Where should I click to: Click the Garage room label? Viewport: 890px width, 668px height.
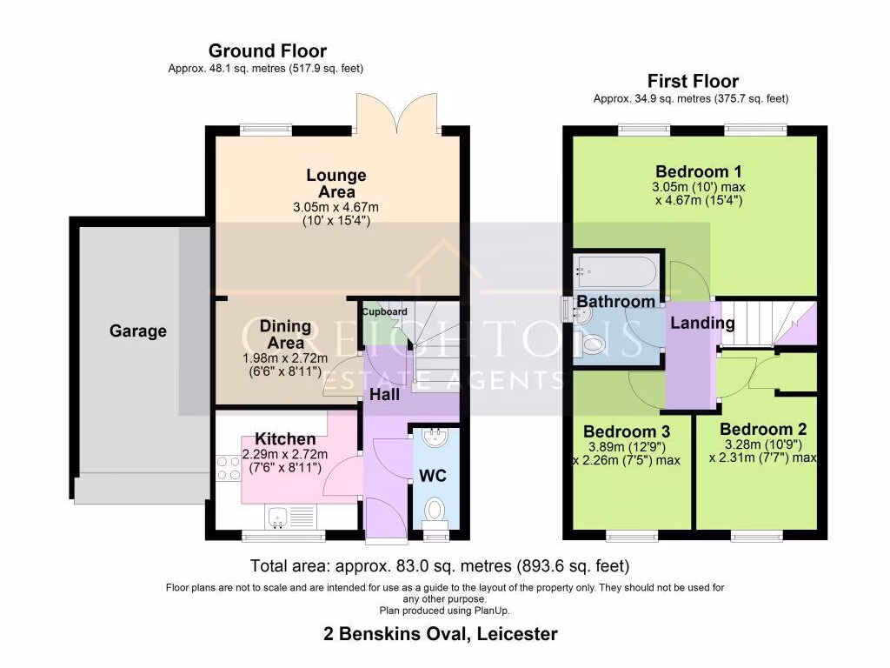click(138, 331)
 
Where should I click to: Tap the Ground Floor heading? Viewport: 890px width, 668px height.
click(268, 51)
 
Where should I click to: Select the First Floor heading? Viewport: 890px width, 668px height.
click(693, 81)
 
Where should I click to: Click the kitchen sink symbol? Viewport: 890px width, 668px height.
click(277, 518)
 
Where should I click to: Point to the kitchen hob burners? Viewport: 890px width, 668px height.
click(229, 469)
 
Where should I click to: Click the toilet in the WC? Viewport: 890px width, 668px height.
click(435, 510)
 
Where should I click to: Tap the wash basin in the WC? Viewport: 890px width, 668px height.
click(435, 438)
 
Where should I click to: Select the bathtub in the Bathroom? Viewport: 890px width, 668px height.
click(616, 271)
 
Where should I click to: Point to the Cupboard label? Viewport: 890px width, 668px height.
click(384, 312)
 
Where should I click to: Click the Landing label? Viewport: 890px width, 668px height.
click(702, 324)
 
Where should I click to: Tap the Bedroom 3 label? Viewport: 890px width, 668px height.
click(627, 431)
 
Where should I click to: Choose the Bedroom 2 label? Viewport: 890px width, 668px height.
click(763, 430)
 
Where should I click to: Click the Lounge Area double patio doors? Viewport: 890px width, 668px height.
click(397, 115)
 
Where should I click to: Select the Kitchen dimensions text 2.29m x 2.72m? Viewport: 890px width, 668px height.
click(285, 454)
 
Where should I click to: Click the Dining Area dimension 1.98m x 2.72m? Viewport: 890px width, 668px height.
click(285, 358)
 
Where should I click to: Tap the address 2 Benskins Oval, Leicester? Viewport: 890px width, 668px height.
click(441, 634)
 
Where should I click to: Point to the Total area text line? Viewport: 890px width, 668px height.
click(440, 566)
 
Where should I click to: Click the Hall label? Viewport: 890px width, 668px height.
click(384, 395)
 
